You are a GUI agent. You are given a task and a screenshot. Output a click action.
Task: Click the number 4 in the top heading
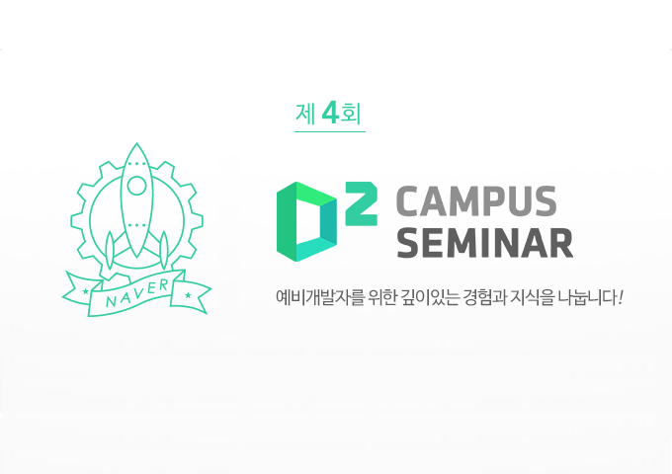(x=331, y=113)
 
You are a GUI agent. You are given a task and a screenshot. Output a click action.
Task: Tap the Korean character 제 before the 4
(x=305, y=115)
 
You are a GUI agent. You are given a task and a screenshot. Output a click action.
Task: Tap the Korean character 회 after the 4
(x=354, y=115)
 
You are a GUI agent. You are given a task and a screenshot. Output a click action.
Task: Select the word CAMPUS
(x=475, y=202)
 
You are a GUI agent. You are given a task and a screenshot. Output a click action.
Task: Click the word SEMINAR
(x=484, y=241)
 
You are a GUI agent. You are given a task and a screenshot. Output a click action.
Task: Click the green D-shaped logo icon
(x=303, y=222)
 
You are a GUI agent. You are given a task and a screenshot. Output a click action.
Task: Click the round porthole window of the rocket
(x=137, y=186)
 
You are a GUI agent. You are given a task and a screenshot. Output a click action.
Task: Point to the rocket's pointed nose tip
(x=136, y=146)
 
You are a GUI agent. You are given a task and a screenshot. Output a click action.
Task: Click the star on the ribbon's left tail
(x=87, y=292)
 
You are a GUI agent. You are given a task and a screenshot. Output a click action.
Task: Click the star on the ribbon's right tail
(x=188, y=295)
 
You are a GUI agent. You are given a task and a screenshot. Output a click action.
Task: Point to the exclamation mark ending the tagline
(x=620, y=296)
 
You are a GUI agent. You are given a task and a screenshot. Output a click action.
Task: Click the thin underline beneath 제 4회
(x=330, y=131)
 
